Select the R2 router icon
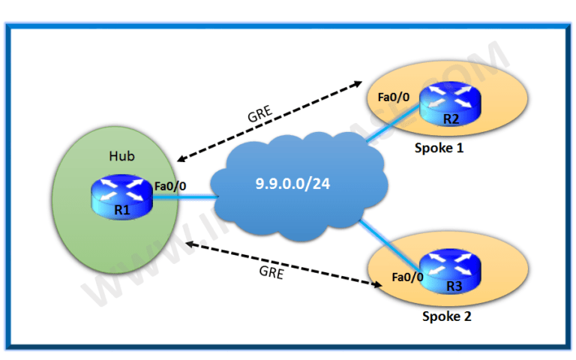(x=448, y=104)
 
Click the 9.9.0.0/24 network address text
(x=293, y=184)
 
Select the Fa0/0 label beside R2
(x=394, y=96)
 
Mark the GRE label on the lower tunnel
(x=271, y=274)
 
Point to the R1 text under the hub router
(x=122, y=211)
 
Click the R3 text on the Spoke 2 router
(x=451, y=286)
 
